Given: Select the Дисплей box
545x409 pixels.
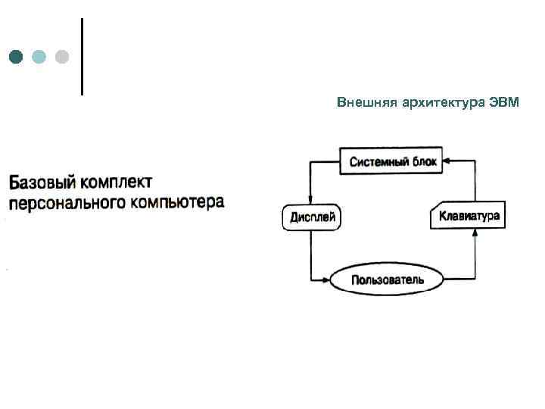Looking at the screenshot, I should tap(311, 218).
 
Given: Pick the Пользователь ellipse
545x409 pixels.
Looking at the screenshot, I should tap(388, 279).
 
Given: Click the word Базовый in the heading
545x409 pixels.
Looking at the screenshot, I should tap(40, 183).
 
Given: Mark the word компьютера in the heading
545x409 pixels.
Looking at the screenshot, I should tap(173, 202).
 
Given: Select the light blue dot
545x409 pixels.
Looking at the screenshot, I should tap(39, 57).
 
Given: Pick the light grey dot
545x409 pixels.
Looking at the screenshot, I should tap(62, 57).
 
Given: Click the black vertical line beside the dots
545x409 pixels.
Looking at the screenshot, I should tap(81, 57).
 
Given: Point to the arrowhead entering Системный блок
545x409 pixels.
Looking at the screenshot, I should tap(447, 161).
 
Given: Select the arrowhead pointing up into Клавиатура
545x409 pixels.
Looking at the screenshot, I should tap(475, 234).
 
